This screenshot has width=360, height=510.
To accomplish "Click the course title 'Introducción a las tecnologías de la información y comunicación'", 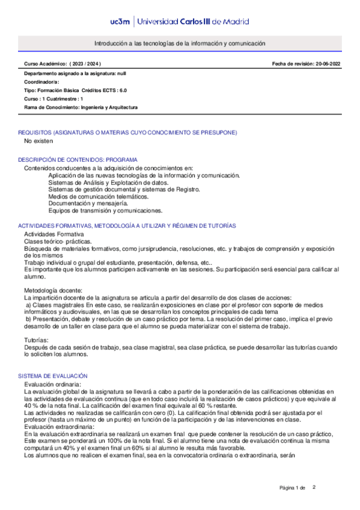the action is [180, 44].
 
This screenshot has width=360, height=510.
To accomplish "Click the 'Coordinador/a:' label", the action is [41, 81].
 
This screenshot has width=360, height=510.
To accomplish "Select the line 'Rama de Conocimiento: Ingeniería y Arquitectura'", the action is [81, 107].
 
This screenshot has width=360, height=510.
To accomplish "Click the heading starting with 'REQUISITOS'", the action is [127, 132].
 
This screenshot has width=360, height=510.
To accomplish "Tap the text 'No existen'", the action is [38, 141].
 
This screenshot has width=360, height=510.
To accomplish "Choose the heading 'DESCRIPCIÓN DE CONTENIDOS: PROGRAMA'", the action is [78, 160].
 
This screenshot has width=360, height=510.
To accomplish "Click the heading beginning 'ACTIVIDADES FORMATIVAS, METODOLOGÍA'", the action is [127, 226].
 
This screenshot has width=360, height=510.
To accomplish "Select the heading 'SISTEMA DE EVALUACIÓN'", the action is [53, 375].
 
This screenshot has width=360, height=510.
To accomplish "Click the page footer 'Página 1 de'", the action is [293, 487].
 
